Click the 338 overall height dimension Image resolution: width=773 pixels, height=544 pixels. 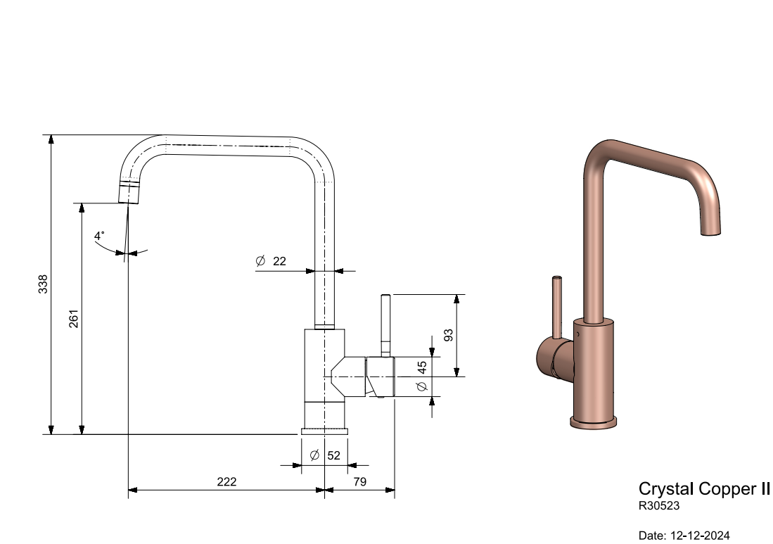[x=44, y=284]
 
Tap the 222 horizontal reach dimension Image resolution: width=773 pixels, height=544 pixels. [x=226, y=482]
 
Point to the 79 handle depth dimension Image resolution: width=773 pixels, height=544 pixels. [x=359, y=482]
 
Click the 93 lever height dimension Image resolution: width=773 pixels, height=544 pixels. [x=448, y=335]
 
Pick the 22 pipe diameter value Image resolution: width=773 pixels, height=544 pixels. [x=279, y=261]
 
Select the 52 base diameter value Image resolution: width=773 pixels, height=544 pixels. [x=333, y=455]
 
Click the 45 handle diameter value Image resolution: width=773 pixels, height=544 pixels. [x=422, y=367]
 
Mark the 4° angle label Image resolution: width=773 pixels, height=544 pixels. [x=99, y=235]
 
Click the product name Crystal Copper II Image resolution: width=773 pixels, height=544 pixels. [x=704, y=488]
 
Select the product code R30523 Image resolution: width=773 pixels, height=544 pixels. [x=658, y=505]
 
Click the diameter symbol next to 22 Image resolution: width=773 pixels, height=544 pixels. [x=260, y=261]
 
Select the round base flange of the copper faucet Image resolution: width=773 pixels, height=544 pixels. [x=593, y=422]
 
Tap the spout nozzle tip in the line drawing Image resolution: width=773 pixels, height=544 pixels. [x=129, y=195]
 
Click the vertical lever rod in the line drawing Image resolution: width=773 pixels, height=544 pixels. [x=385, y=324]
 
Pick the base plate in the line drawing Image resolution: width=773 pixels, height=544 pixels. [x=324, y=431]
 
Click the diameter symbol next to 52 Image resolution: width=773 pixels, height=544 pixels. [x=314, y=455]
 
